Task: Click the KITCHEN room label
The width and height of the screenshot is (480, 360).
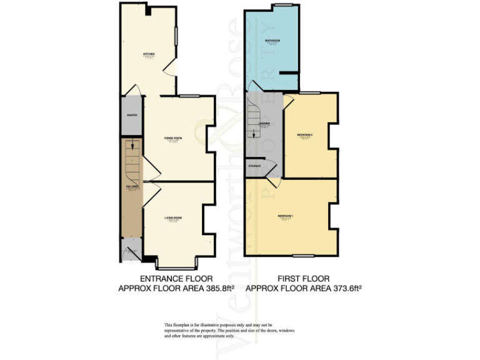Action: [x=149, y=54]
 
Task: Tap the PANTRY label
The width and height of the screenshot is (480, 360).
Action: [x=132, y=115]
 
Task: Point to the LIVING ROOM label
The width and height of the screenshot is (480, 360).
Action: [x=173, y=217]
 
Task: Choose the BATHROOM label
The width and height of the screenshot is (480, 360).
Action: [x=272, y=41]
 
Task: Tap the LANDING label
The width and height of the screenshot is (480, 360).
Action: [x=264, y=124]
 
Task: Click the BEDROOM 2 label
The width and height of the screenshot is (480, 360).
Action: [x=304, y=135]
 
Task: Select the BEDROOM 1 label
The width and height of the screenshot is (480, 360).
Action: [x=286, y=216]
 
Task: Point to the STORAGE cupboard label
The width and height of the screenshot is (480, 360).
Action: [x=255, y=166]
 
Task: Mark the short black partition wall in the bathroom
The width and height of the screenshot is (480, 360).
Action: [x=287, y=73]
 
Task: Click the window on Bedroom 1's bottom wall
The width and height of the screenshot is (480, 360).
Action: [x=303, y=256]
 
